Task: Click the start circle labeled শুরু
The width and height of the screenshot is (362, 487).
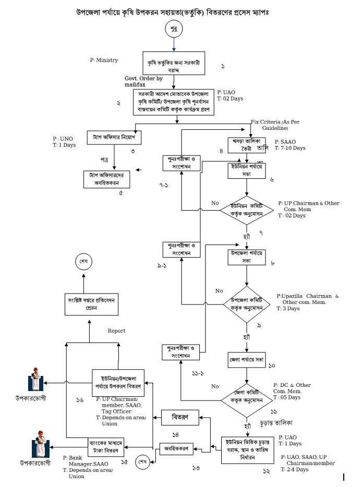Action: pyautogui.click(x=174, y=29)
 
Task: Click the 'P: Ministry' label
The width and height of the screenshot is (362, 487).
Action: pyautogui.click(x=104, y=60)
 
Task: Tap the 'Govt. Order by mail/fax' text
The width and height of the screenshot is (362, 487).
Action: pyautogui.click(x=143, y=81)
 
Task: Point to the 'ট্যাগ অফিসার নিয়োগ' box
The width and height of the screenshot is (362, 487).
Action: pyautogui.click(x=114, y=137)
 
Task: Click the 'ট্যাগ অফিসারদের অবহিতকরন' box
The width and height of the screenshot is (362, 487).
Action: pyautogui.click(x=107, y=178)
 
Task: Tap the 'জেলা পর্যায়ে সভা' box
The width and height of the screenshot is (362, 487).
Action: pyautogui.click(x=247, y=360)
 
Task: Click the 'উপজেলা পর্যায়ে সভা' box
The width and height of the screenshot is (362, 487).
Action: pyautogui.click(x=247, y=257)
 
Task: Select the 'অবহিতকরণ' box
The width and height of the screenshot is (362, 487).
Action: pyautogui.click(x=176, y=447)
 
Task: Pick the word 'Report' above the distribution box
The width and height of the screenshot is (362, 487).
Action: pyautogui.click(x=116, y=331)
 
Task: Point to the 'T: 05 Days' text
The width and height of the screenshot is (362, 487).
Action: pyautogui.click(x=287, y=397)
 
